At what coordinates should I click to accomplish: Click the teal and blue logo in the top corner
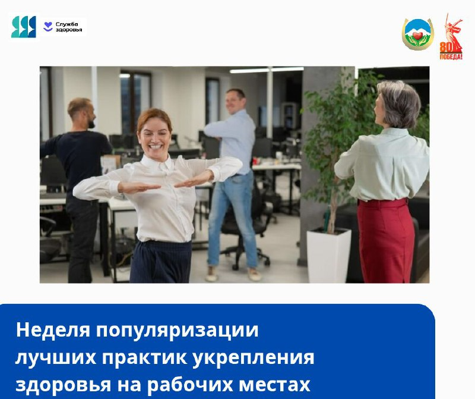coord(24,27)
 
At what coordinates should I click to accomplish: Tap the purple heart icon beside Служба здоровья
coord(48,27)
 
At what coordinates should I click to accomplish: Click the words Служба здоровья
coord(69,27)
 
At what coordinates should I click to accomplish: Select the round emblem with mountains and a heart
coord(418,34)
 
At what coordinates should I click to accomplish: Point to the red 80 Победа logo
coord(451,37)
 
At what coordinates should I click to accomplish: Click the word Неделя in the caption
coord(53,330)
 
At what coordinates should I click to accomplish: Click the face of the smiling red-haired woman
coord(154,136)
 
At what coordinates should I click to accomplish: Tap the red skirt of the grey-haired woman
coord(386,240)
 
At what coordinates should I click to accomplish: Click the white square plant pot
coord(329,255)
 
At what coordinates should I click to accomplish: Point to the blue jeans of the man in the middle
coord(231,219)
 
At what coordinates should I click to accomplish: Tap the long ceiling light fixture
coord(267,70)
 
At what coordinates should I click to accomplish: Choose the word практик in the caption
coord(144,359)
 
